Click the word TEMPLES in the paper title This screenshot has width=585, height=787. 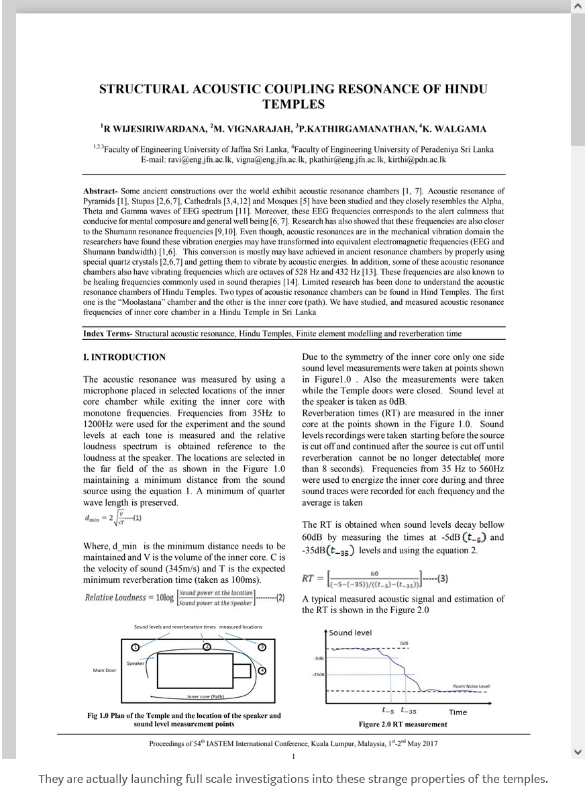coord(293,104)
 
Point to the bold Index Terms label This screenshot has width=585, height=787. coord(107,333)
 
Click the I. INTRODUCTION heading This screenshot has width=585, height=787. coord(124,357)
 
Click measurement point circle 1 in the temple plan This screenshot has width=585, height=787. coord(135,647)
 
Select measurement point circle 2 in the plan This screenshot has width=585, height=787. coord(207,646)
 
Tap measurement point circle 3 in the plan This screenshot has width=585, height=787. coord(262,647)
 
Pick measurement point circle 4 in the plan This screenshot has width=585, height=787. coord(262,670)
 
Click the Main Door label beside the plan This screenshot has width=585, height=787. coord(104,670)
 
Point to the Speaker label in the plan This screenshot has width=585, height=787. coord(136,663)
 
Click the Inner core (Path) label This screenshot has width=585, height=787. coord(205,696)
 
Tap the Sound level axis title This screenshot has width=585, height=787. coord(350,633)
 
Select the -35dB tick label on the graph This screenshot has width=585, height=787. coord(318,674)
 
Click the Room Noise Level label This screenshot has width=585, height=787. coord(471,686)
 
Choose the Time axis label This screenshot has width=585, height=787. coord(458,712)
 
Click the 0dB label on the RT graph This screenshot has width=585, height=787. coord(404,643)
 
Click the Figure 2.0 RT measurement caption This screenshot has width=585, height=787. coord(403,724)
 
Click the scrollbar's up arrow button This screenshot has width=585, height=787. coord(578,6)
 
